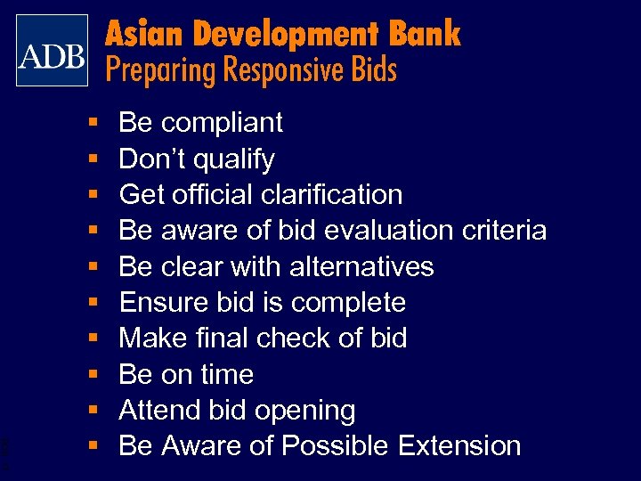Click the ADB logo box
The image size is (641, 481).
pyautogui.click(x=52, y=50)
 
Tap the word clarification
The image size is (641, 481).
pyautogui.click(x=333, y=194)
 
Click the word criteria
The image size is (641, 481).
pyautogui.click(x=504, y=231)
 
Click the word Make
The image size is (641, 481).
pyautogui.click(x=149, y=338)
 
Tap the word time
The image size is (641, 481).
pyautogui.click(x=226, y=374)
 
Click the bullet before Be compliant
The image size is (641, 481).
pyautogui.click(x=93, y=123)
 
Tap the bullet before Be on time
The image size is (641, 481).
pyautogui.click(x=93, y=375)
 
